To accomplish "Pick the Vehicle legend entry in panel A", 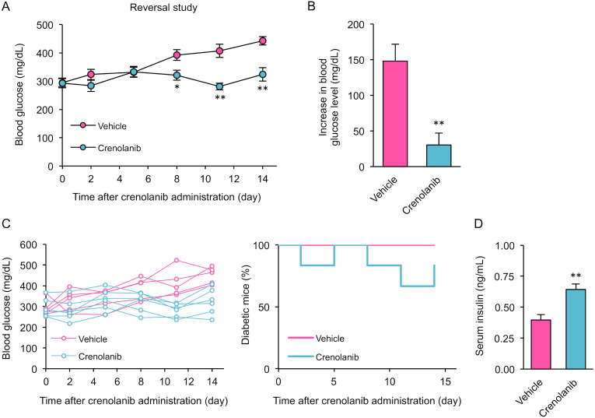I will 104,125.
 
